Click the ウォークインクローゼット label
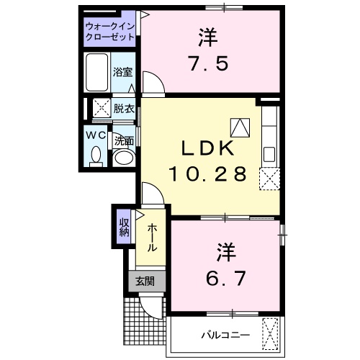click(110, 30)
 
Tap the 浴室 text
click(122, 72)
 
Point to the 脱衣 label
click(123, 109)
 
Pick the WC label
click(96, 134)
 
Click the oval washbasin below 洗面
click(125, 158)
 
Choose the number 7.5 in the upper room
click(210, 63)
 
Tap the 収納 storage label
click(124, 227)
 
